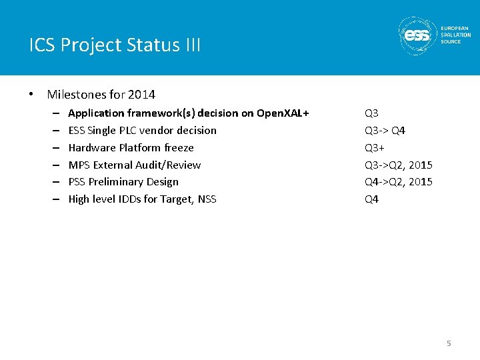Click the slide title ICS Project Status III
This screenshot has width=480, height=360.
115,45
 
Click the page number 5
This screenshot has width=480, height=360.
449,343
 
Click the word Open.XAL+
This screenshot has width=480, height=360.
283,113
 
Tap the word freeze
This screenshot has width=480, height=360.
179,148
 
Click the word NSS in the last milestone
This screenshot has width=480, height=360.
207,199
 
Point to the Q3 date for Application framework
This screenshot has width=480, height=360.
371,113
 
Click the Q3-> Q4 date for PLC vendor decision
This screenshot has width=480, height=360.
385,131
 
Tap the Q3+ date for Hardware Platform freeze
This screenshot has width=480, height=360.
374,148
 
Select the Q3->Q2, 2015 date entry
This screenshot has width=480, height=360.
398,165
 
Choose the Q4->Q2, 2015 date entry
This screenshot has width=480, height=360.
398,182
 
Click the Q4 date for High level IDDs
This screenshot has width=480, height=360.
371,199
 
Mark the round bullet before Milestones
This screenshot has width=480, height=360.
32,95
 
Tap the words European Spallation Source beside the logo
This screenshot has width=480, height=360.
455,35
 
